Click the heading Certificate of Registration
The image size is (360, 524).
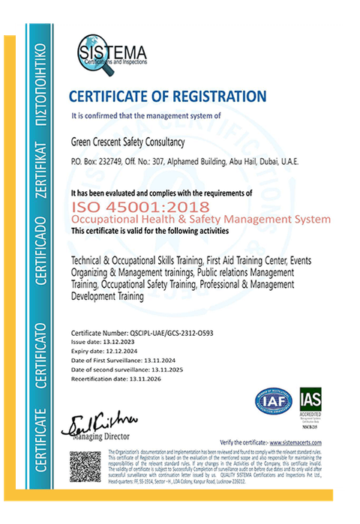167,96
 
